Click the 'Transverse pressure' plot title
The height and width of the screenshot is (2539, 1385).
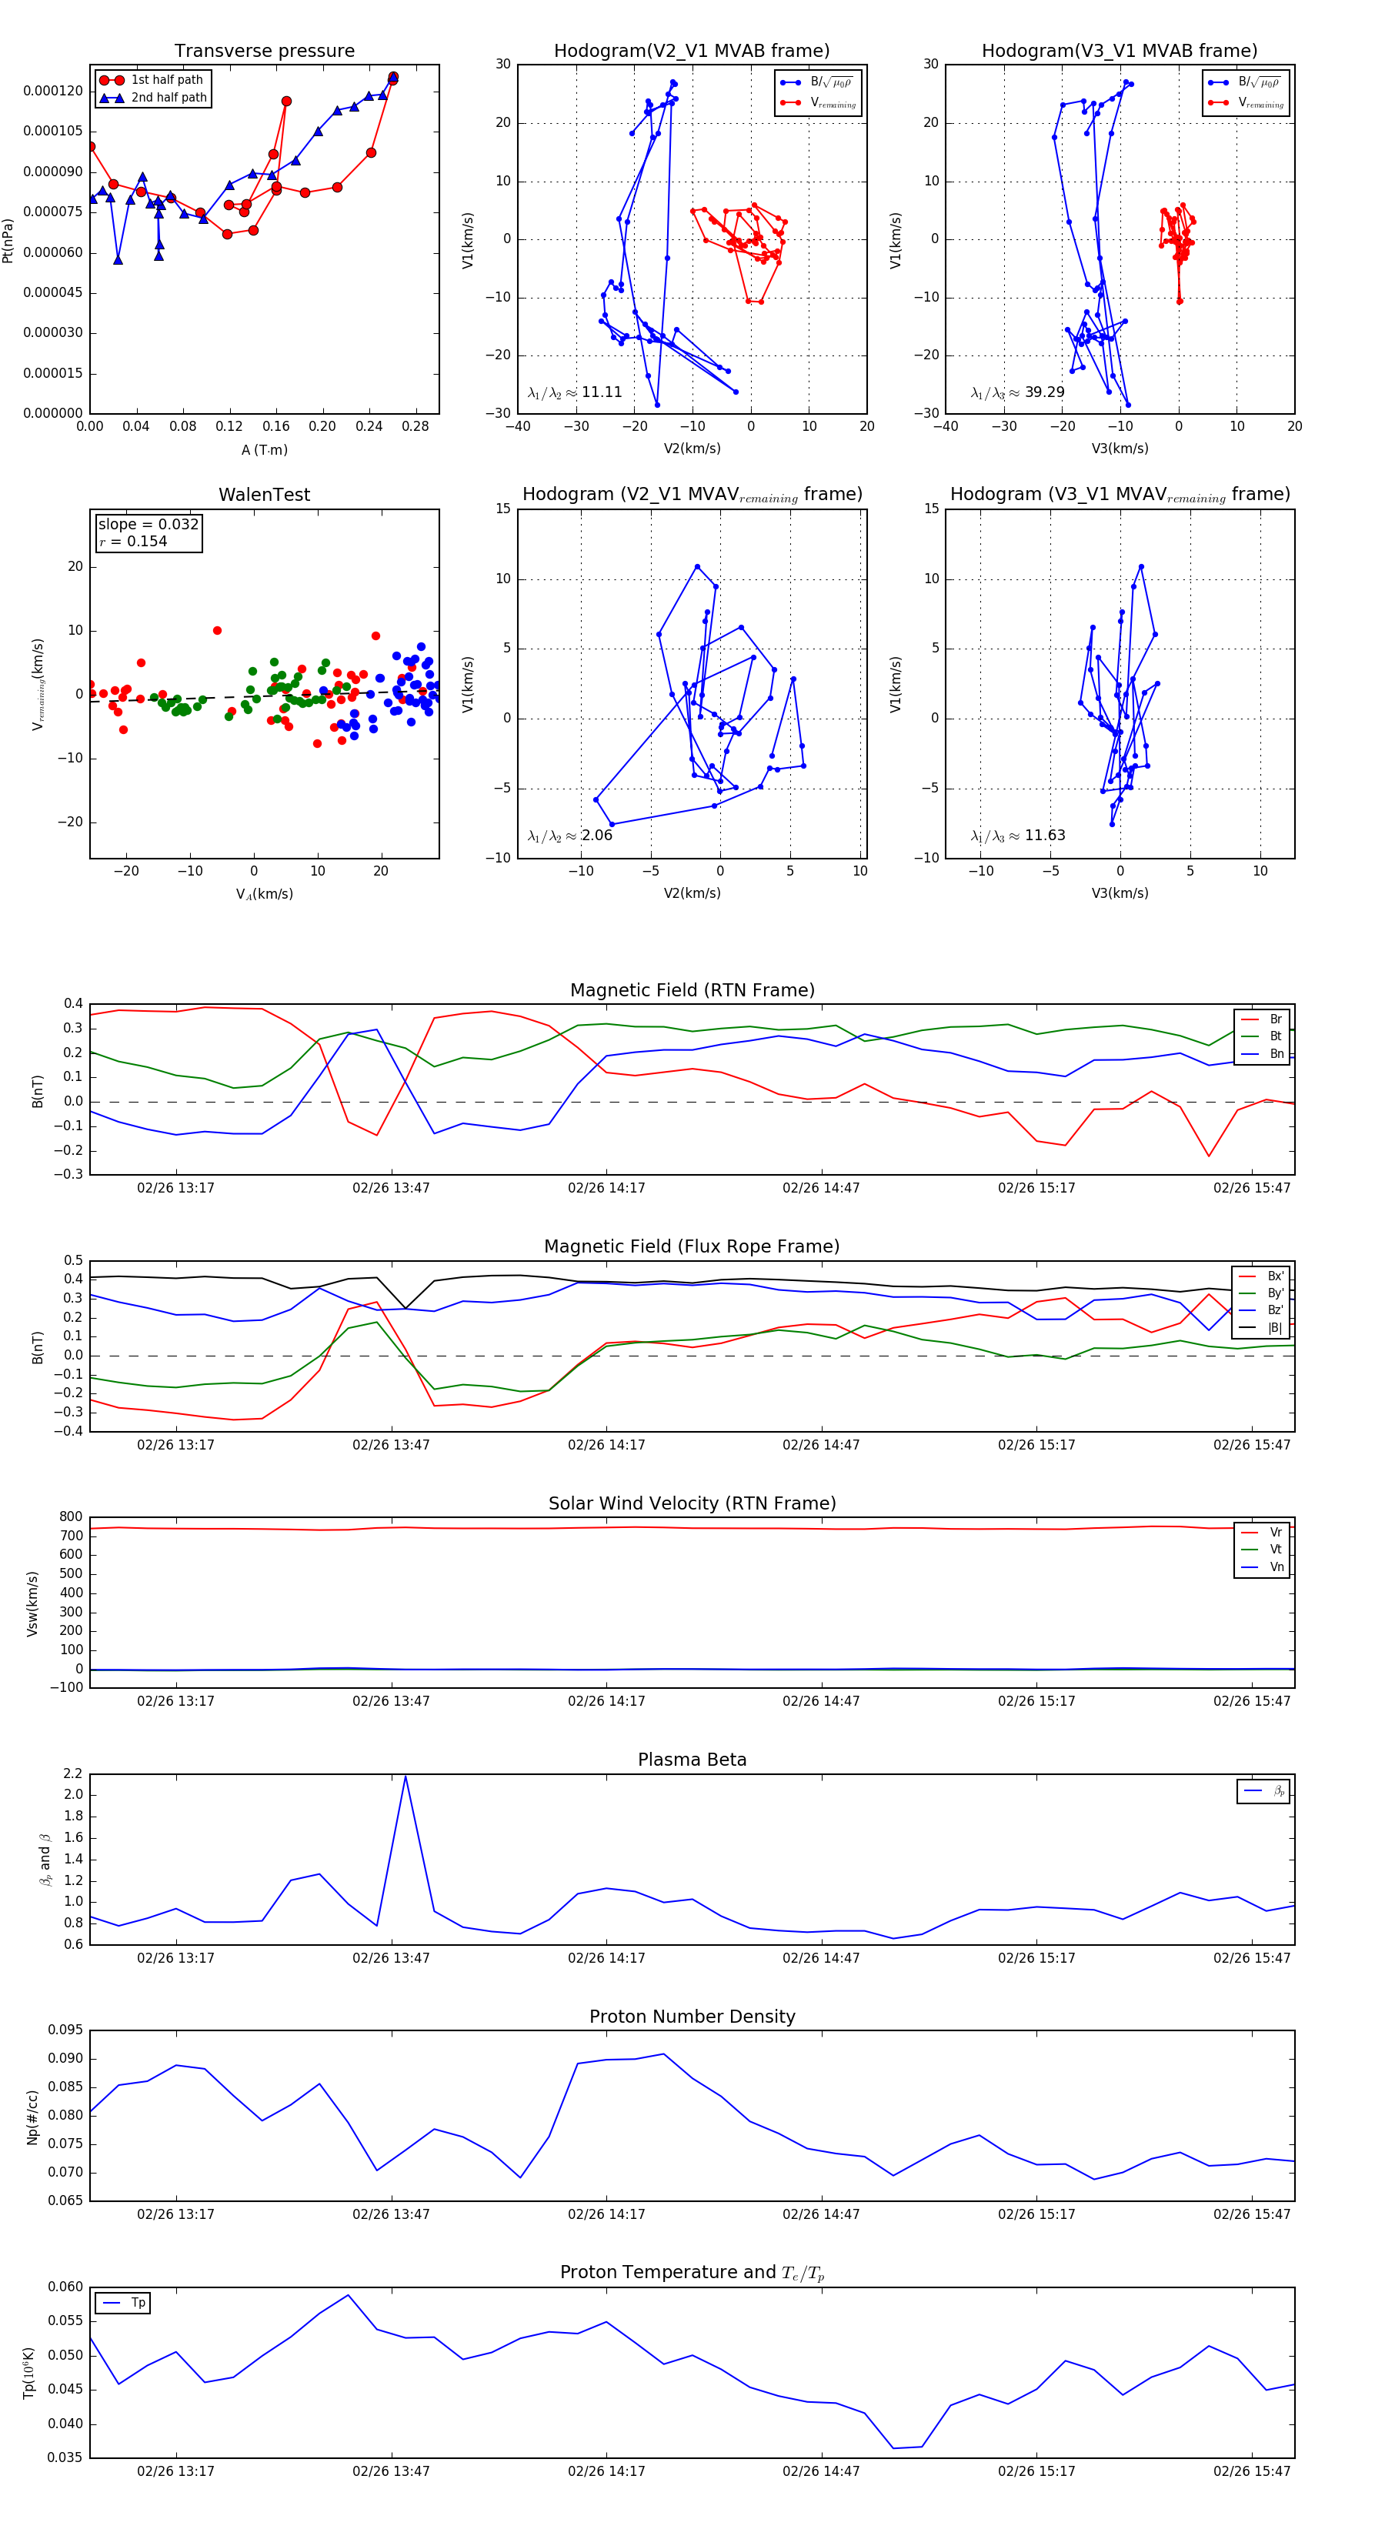pos(264,52)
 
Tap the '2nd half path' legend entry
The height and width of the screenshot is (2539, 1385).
pos(169,98)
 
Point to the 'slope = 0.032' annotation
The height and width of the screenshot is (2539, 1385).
pos(148,525)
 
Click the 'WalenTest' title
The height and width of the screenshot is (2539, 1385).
pos(264,495)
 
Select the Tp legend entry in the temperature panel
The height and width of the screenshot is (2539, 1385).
pos(137,2304)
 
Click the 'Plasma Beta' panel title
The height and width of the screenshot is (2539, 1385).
pos(692,1760)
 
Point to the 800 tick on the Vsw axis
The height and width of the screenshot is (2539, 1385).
pos(71,1517)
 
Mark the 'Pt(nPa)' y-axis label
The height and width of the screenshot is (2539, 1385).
pos(8,241)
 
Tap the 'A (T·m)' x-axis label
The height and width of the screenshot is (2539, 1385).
pos(264,450)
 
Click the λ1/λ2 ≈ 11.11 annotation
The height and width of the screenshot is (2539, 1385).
pos(575,392)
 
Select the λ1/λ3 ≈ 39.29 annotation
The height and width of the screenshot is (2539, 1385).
pos(1017,392)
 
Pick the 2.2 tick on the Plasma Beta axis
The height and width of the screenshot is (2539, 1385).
pos(73,1774)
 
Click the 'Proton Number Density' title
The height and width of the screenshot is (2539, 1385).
pos(692,2017)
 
